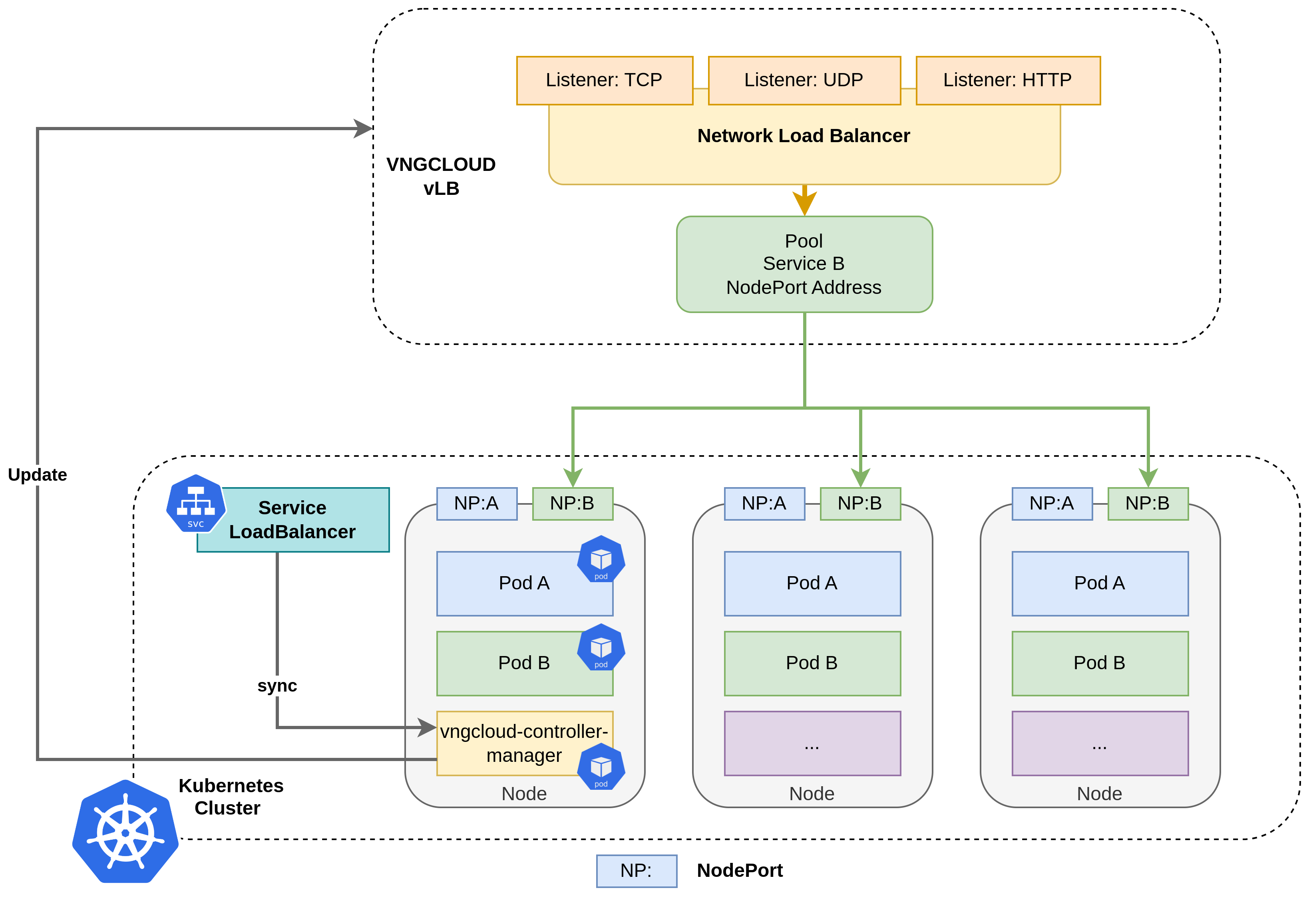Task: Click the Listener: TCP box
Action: (x=604, y=80)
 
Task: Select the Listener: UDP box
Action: (x=804, y=80)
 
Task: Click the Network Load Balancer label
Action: (x=803, y=136)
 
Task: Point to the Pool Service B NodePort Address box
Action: (x=804, y=264)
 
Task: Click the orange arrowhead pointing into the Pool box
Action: (x=804, y=203)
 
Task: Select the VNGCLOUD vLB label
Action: (x=441, y=176)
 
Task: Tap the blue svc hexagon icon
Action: (x=195, y=504)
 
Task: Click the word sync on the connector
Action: (x=277, y=686)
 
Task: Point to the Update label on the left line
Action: (x=38, y=475)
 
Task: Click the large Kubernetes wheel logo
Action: (x=125, y=831)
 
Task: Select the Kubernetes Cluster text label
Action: (x=230, y=796)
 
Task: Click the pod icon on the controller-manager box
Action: (x=601, y=766)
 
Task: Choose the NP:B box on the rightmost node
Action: (x=1148, y=504)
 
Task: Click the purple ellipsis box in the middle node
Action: (x=812, y=743)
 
